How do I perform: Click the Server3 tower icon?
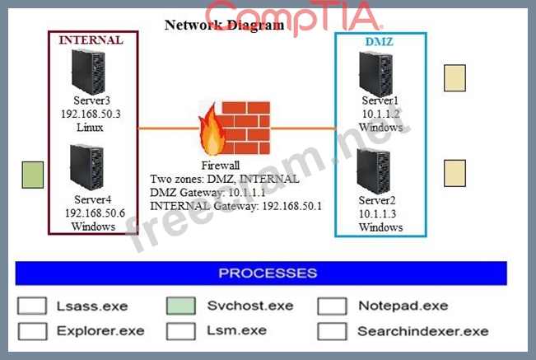(x=88, y=72)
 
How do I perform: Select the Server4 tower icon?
(x=86, y=167)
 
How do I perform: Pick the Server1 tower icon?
(x=375, y=74)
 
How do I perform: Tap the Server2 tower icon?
(x=374, y=171)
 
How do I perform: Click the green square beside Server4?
(x=33, y=175)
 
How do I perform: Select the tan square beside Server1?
(x=454, y=78)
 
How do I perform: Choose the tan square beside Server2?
(x=454, y=173)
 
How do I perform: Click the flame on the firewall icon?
(x=212, y=130)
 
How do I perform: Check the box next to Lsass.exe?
(x=32, y=306)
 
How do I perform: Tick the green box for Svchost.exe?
(x=181, y=306)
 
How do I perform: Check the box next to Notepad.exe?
(x=332, y=306)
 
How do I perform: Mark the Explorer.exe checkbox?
(x=32, y=331)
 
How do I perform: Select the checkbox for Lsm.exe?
(x=181, y=331)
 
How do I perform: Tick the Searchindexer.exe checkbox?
(x=332, y=331)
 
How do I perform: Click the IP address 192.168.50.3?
(x=91, y=114)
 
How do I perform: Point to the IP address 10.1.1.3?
(x=377, y=214)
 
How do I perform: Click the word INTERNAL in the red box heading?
(x=91, y=40)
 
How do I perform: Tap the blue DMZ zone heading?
(x=380, y=42)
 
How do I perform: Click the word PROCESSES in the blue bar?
(x=268, y=274)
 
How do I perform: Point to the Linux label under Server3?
(x=90, y=128)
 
